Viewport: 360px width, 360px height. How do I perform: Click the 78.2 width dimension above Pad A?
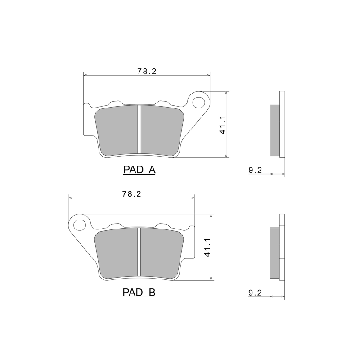pos(146,71)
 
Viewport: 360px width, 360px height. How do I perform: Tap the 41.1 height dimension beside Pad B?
pos(207,247)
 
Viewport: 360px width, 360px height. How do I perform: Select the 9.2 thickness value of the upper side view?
pos(255,170)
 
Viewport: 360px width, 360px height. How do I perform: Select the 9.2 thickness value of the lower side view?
pos(255,293)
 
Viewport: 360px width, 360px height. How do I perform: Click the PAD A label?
pos(139,170)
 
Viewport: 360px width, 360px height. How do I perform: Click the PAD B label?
pos(139,293)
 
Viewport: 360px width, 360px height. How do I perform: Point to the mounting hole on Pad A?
pos(198,102)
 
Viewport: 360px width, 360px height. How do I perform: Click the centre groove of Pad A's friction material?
pos(139,129)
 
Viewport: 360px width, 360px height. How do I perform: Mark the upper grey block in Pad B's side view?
pos(274,243)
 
